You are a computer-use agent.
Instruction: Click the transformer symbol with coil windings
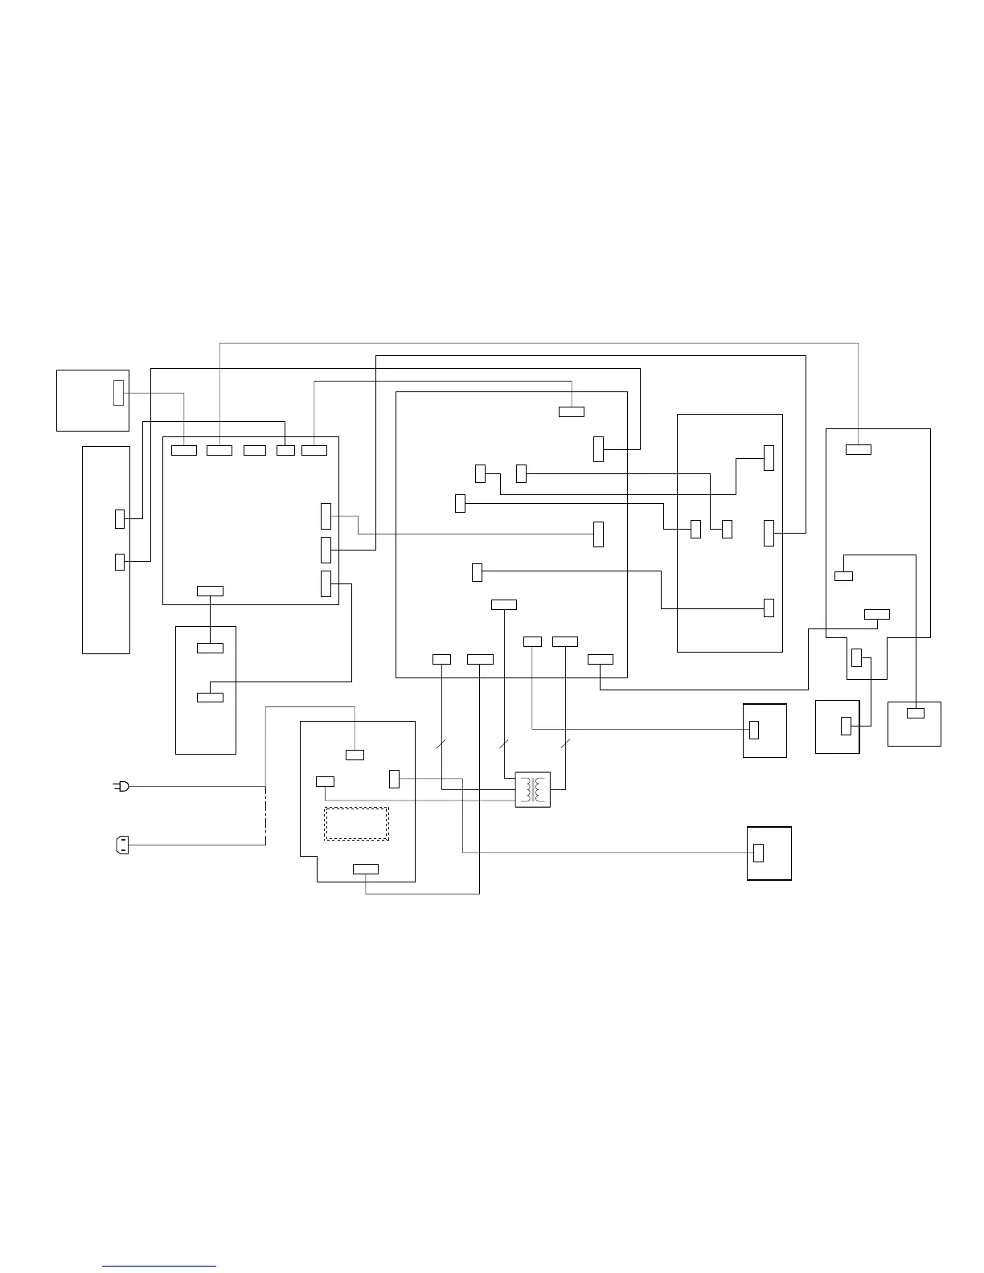pyautogui.click(x=532, y=790)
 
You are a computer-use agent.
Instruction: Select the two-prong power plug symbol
pyautogui.click(x=121, y=786)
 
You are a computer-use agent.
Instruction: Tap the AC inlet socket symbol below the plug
pyautogui.click(x=122, y=845)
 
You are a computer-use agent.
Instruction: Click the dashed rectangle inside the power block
pyautogui.click(x=356, y=824)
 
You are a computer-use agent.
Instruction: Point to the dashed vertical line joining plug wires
pyautogui.click(x=265, y=816)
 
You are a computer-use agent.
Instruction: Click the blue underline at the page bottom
pyautogui.click(x=159, y=1266)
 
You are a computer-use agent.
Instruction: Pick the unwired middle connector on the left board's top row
pyautogui.click(x=255, y=450)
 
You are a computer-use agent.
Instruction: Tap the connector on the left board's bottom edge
pyautogui.click(x=210, y=591)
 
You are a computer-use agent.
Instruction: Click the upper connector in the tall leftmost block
pyautogui.click(x=120, y=518)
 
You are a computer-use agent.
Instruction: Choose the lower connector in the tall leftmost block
pyautogui.click(x=120, y=562)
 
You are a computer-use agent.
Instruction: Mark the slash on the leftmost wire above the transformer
pyautogui.click(x=441, y=743)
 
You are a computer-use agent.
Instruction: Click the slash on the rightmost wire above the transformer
pyautogui.click(x=565, y=743)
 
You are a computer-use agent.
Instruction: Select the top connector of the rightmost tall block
pyautogui.click(x=858, y=448)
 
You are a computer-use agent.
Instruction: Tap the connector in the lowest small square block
pyautogui.click(x=758, y=853)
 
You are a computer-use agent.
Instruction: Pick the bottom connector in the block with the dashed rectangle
pyautogui.click(x=366, y=869)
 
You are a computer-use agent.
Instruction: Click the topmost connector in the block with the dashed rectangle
pyautogui.click(x=355, y=754)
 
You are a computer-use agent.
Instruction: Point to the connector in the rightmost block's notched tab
pyautogui.click(x=856, y=657)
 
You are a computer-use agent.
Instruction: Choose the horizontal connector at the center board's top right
pyautogui.click(x=572, y=411)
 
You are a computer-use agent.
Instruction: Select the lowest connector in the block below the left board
pyautogui.click(x=210, y=697)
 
